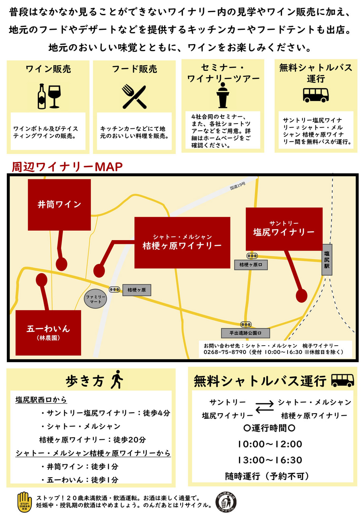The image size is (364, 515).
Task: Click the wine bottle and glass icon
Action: click(x=49, y=96)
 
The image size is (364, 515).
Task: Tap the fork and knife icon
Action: click(x=134, y=97)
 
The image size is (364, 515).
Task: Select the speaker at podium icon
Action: click(x=222, y=95)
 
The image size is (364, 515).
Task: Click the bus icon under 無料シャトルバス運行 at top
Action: click(x=316, y=95)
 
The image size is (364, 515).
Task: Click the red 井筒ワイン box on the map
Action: click(x=59, y=205)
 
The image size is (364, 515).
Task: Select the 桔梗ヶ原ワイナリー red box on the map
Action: click(x=182, y=243)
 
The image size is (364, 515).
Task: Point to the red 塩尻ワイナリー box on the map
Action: click(x=284, y=229)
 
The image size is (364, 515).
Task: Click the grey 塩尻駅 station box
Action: click(x=327, y=260)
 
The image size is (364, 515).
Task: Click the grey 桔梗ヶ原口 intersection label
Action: click(x=251, y=265)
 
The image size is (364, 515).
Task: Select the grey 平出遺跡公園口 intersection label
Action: click(x=245, y=333)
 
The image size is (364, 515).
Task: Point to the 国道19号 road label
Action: click(x=238, y=185)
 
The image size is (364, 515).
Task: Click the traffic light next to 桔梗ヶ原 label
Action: click(x=115, y=289)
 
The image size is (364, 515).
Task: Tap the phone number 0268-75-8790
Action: click(x=225, y=352)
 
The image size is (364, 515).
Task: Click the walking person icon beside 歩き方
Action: click(x=117, y=380)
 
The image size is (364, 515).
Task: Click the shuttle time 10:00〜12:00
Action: click(x=269, y=444)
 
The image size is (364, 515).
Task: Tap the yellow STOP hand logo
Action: click(x=25, y=501)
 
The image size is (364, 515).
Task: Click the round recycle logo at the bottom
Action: click(x=226, y=501)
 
